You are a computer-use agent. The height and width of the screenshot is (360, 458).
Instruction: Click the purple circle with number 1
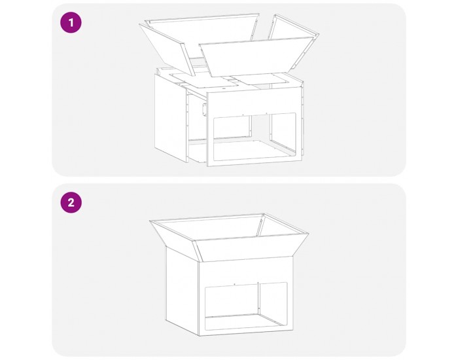(71, 22)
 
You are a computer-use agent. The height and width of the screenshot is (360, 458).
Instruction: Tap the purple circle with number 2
(71, 202)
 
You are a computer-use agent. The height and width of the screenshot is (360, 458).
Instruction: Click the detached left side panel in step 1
(171, 118)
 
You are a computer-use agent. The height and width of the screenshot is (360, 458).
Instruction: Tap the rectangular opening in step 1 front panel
(255, 136)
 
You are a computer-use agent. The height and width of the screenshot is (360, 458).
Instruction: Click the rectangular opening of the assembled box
(246, 306)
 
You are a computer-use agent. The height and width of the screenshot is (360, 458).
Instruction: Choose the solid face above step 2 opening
(246, 271)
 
